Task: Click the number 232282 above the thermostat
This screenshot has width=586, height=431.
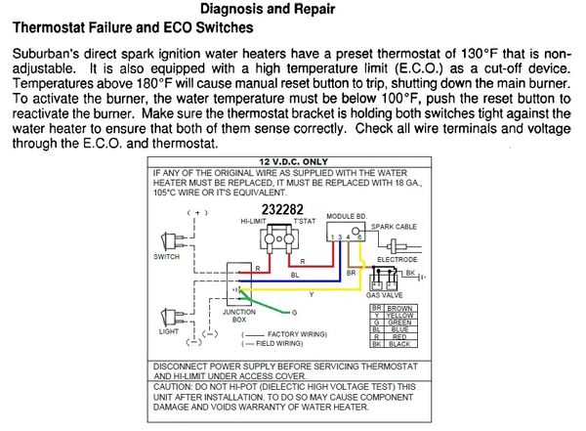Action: [283, 209]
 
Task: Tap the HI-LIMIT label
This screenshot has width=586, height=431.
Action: [257, 222]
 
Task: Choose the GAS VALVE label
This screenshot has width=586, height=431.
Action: [385, 294]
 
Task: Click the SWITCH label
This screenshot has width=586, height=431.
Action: [167, 257]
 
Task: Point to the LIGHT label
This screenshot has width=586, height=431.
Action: [168, 331]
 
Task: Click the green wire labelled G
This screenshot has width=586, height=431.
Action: [293, 311]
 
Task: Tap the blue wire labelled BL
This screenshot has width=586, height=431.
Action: [294, 276]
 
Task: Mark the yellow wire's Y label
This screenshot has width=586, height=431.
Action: [312, 293]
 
